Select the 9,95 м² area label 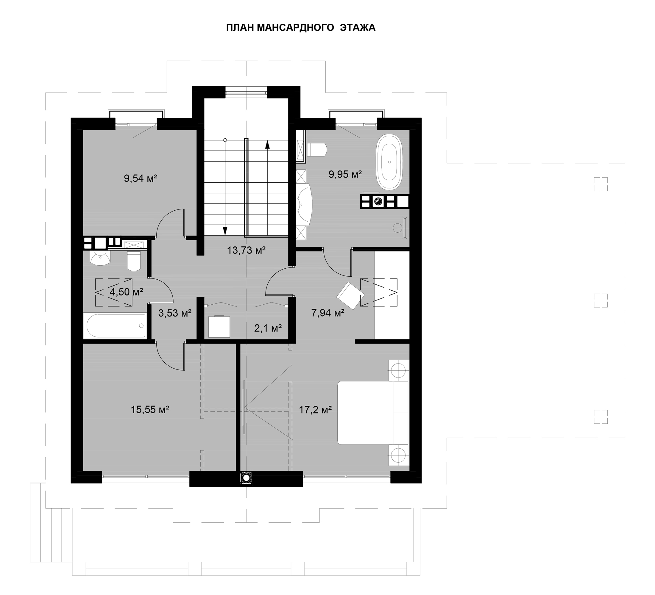(x=345, y=174)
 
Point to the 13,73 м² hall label (x=246, y=250)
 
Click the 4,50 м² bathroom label (x=127, y=292)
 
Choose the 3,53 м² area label (x=175, y=313)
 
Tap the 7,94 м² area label (x=328, y=313)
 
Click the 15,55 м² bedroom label (x=150, y=409)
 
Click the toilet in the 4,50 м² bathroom (x=134, y=261)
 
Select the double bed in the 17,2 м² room (x=373, y=413)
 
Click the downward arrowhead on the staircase (x=225, y=231)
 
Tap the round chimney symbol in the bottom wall (x=246, y=477)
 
